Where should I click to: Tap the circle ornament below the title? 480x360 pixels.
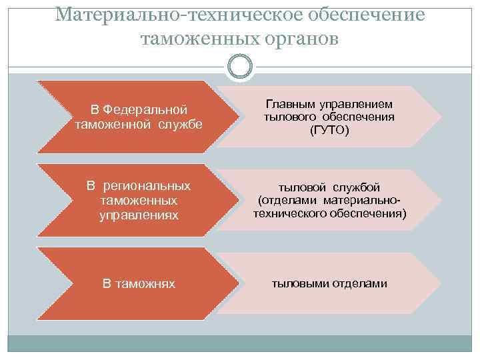coord(240,66)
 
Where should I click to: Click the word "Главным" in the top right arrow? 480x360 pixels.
coord(291,104)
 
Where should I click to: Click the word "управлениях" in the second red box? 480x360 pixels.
coord(139,215)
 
